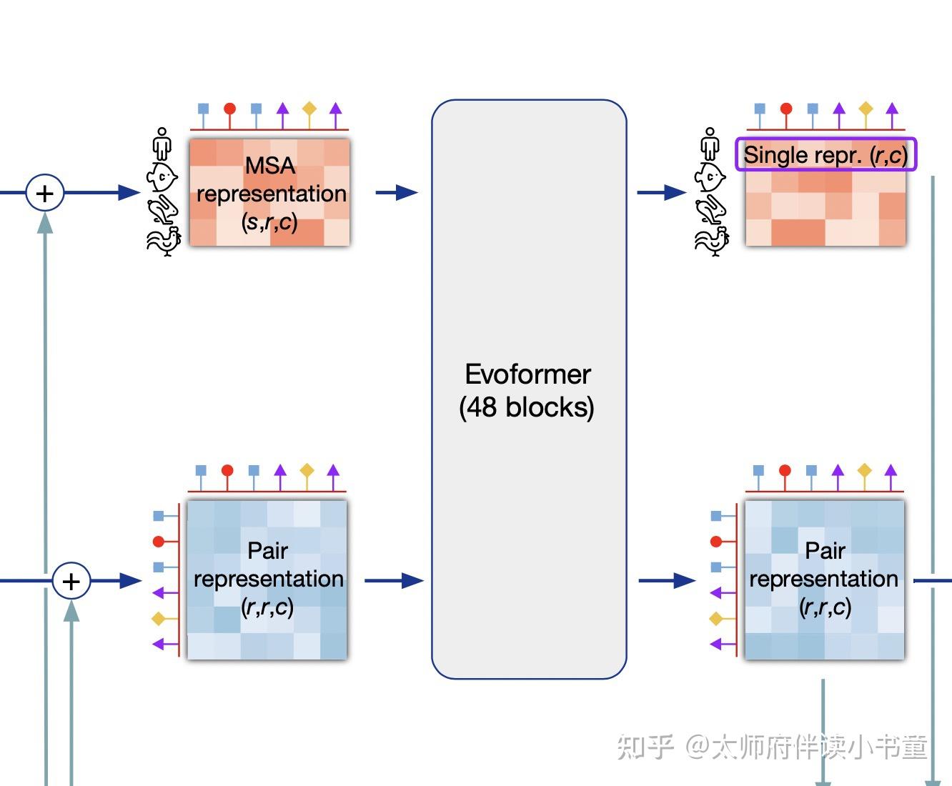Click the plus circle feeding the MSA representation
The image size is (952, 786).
point(45,193)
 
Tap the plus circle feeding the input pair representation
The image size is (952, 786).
point(71,581)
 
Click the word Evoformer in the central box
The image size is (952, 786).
point(527,374)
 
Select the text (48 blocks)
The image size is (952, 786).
point(527,407)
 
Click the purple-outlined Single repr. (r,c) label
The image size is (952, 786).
point(825,154)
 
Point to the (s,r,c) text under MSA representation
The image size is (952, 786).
point(269,222)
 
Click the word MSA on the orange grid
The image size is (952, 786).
point(269,166)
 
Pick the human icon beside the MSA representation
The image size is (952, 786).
point(163,144)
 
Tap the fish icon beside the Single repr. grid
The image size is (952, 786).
point(710,176)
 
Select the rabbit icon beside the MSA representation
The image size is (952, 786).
point(163,209)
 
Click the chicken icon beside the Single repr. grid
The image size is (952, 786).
point(711,240)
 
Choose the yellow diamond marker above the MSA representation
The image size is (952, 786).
point(309,109)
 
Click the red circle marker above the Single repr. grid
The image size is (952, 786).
point(786,109)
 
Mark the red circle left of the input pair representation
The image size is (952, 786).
point(159,541)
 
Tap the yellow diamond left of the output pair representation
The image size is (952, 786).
point(715,618)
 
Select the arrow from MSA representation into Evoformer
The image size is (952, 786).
point(397,192)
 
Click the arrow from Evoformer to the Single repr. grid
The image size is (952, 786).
point(662,192)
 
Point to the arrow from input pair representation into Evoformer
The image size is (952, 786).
point(394,580)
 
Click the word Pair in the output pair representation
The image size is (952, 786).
point(825,550)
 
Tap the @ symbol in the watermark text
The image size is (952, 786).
point(697,747)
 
